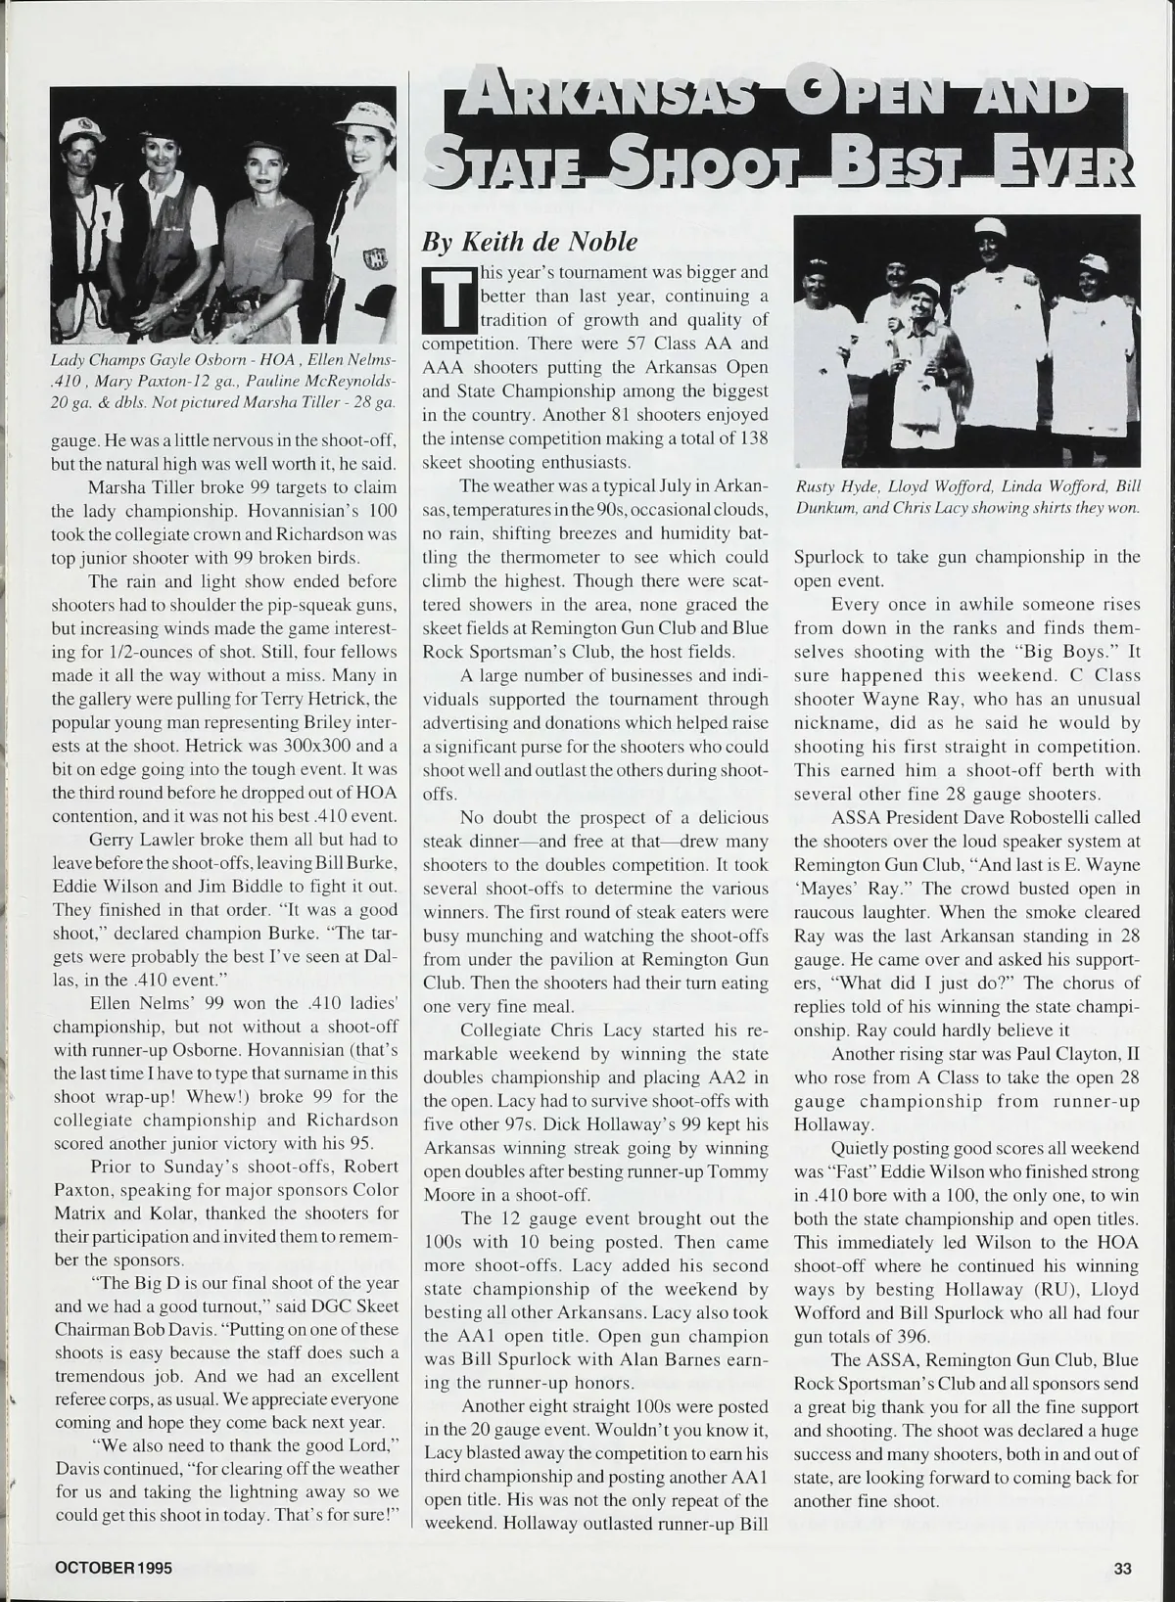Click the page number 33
coord(1122,1568)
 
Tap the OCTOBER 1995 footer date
coord(114,1568)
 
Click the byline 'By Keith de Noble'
coord(529,241)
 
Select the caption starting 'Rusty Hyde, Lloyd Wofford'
coord(967,498)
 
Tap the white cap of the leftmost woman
coord(82,129)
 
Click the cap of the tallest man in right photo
coord(991,228)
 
